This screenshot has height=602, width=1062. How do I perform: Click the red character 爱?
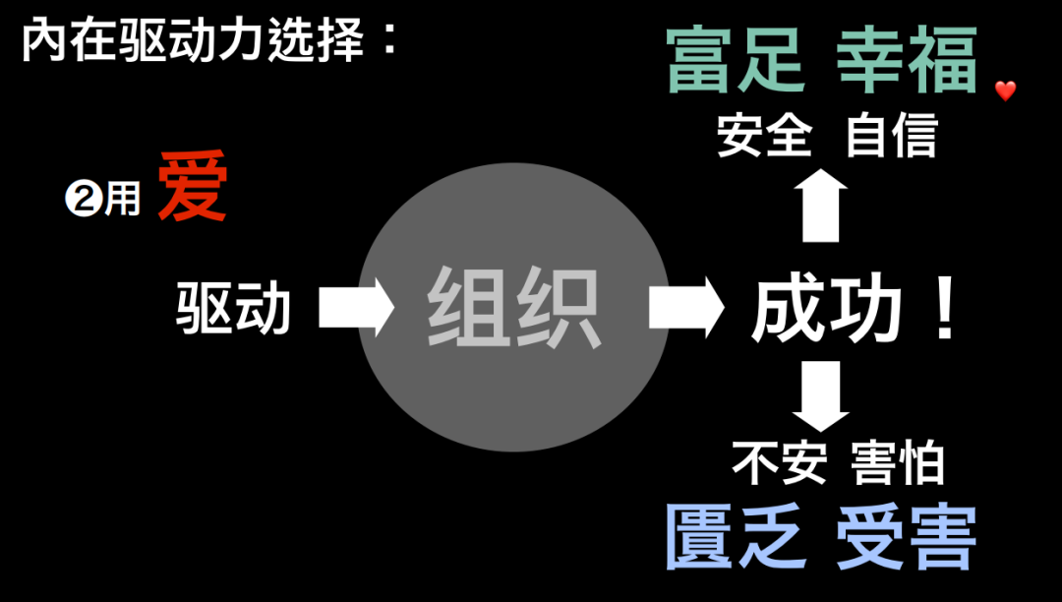pos(193,187)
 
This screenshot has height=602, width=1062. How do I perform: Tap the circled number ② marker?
pos(80,200)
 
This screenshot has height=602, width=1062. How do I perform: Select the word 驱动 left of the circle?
pos(234,308)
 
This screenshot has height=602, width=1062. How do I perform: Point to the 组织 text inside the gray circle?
pos(513,308)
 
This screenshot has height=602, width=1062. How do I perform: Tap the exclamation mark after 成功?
pos(945,309)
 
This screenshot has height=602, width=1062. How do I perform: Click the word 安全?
pos(764,137)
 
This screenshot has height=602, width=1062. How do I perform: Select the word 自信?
pos(891,137)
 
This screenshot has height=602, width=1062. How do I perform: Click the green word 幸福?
pos(907,60)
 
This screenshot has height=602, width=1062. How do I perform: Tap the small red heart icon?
pos(1005,91)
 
